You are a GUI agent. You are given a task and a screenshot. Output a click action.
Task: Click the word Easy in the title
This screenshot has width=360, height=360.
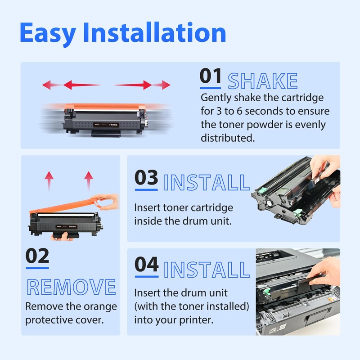[x=48, y=33]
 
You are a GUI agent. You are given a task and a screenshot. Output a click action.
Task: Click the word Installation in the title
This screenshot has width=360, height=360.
[x=154, y=32]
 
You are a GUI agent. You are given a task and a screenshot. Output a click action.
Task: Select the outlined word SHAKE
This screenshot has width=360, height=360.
[x=263, y=81]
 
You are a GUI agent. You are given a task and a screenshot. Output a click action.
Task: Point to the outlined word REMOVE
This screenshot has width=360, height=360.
[x=72, y=287]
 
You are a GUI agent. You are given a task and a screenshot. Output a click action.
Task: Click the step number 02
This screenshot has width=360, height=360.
[x=37, y=256]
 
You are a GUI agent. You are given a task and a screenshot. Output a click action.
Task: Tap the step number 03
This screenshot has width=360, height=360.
[x=146, y=177]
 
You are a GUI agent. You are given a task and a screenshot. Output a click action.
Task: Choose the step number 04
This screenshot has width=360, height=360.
[x=147, y=264]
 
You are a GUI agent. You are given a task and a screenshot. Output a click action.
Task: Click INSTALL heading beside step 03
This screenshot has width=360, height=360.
[x=207, y=182]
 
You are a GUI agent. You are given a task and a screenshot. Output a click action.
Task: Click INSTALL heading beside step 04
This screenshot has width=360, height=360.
[x=207, y=269]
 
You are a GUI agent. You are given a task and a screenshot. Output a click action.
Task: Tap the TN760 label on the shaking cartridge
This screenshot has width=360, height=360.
[x=113, y=125]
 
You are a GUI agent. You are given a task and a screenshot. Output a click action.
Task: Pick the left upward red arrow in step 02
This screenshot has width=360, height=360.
[x=49, y=181]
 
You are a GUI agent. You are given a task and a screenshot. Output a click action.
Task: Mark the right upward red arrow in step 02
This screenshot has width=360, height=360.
[x=89, y=181]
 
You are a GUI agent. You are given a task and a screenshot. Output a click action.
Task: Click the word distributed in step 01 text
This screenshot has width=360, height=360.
[x=228, y=138]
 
